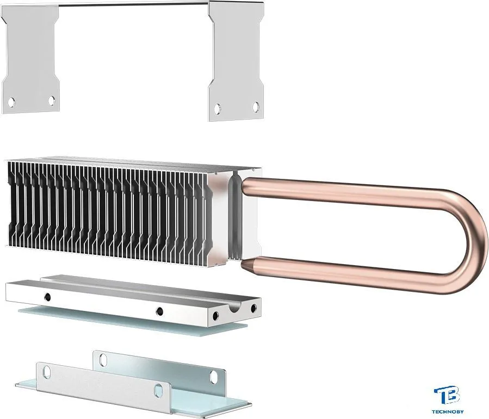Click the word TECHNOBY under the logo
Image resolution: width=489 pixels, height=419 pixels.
pos(448,412)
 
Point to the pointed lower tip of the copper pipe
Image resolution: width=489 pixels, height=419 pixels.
pos(243,264)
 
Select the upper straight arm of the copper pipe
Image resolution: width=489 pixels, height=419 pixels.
pos(343,189)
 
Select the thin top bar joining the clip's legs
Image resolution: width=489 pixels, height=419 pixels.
pos(133,3)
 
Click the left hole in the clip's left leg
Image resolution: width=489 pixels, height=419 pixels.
pos(11,102)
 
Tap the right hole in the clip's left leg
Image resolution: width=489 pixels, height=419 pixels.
pos(52,101)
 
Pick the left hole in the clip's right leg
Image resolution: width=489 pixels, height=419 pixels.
pos(218,108)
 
